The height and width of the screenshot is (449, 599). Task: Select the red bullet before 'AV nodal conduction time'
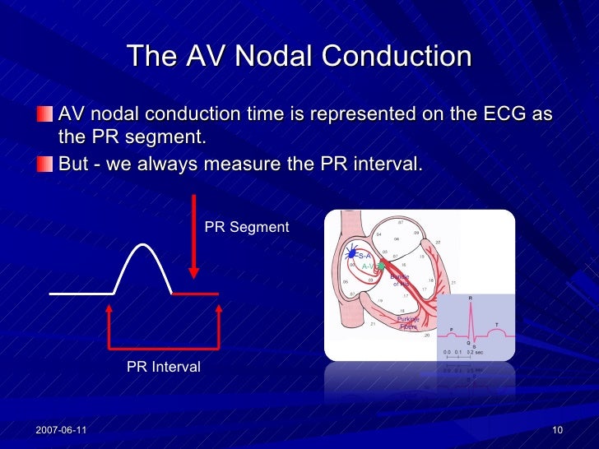[46, 113]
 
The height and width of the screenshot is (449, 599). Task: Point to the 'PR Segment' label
[246, 227]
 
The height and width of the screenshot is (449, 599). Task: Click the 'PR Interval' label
[163, 367]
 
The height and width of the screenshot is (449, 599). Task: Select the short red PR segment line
[195, 293]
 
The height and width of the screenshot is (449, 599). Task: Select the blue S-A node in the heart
[351, 256]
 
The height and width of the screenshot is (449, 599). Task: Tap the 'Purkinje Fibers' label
[408, 322]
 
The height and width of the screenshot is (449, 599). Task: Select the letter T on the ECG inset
[496, 324]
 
